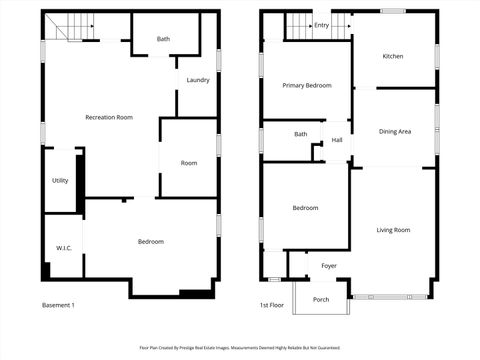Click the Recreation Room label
click(x=109, y=117)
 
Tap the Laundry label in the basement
click(x=197, y=80)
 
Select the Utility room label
click(x=60, y=180)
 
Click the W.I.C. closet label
click(x=62, y=247)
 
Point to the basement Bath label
click(x=163, y=40)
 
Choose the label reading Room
click(x=189, y=163)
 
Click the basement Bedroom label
click(x=150, y=241)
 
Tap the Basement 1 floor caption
click(x=58, y=305)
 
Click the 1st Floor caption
click(x=272, y=305)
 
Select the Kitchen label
click(x=393, y=56)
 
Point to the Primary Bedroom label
click(x=305, y=85)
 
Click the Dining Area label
click(x=395, y=131)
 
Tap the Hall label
click(x=337, y=140)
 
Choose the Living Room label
click(x=393, y=230)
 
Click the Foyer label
click(x=328, y=266)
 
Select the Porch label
click(x=321, y=299)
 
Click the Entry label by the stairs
click(x=321, y=25)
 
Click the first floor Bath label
click(x=300, y=134)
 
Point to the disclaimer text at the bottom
click(x=239, y=348)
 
